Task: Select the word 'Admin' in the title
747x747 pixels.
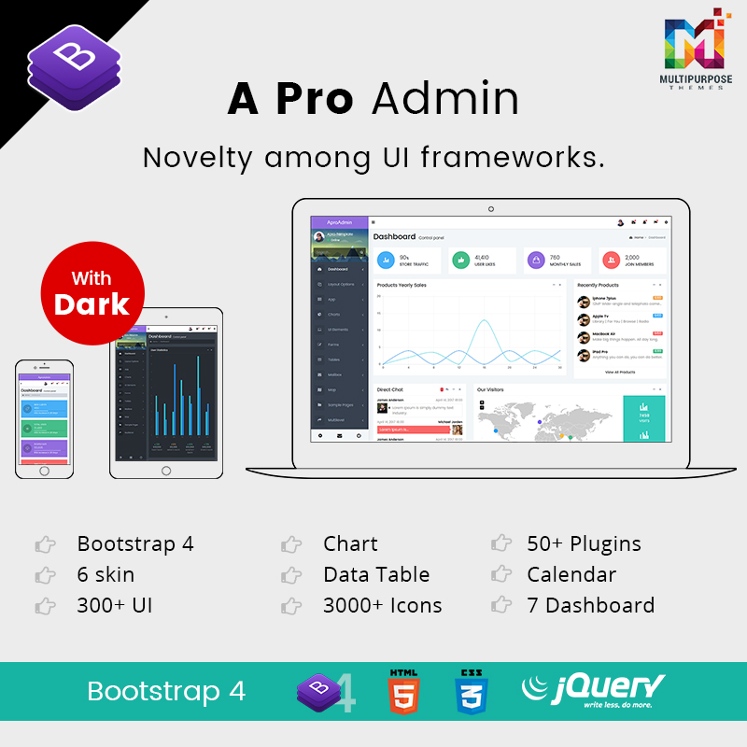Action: [x=444, y=99]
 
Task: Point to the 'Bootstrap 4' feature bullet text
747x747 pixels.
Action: [x=135, y=543]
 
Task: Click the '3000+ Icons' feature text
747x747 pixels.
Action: [x=383, y=605]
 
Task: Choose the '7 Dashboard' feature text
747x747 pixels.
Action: [x=590, y=605]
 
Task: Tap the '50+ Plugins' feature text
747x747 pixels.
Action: [x=584, y=543]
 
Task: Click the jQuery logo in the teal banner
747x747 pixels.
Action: [x=594, y=691]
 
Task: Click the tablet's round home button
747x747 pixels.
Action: [x=165, y=470]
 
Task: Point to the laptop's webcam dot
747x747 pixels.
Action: [x=491, y=209]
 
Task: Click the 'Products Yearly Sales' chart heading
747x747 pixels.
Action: [x=401, y=285]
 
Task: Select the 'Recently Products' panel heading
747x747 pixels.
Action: [x=598, y=285]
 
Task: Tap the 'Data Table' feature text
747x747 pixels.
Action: [x=376, y=574]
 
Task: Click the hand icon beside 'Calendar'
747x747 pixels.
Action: [x=502, y=574]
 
